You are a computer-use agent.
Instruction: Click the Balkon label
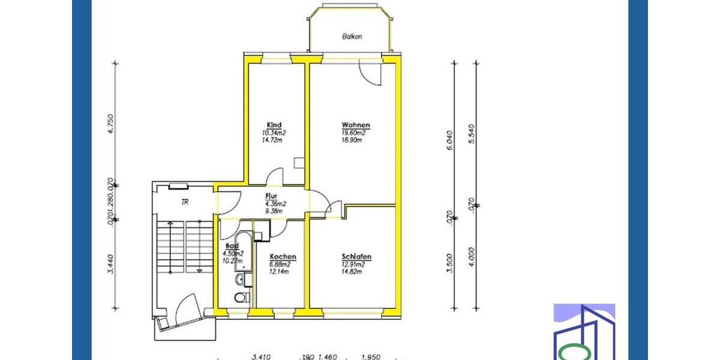(352, 37)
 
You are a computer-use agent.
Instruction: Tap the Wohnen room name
(355, 125)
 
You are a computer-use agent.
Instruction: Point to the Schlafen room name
(356, 257)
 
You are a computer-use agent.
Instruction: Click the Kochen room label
(283, 256)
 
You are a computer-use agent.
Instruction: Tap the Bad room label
(232, 246)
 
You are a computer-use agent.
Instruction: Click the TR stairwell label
(185, 203)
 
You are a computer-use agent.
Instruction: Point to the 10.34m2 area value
(274, 133)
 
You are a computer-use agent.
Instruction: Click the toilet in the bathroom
(241, 298)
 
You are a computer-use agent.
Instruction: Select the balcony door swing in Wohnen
(370, 74)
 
